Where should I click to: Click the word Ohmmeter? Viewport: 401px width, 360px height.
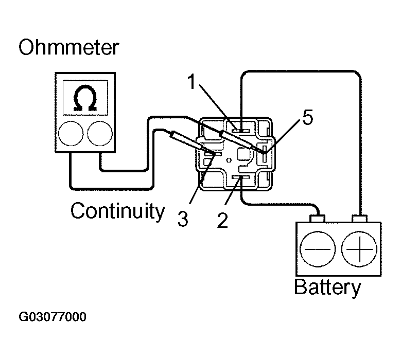tap(69, 48)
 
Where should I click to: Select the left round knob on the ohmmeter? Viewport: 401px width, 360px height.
tap(70, 135)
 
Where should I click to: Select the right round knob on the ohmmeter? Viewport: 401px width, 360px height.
tap(99, 135)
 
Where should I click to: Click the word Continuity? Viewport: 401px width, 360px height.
tap(118, 211)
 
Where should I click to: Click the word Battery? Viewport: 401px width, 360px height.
tap(327, 287)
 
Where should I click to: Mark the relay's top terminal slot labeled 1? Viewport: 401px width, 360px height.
tap(240, 129)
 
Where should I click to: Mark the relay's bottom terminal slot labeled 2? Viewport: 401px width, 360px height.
tap(240, 178)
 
